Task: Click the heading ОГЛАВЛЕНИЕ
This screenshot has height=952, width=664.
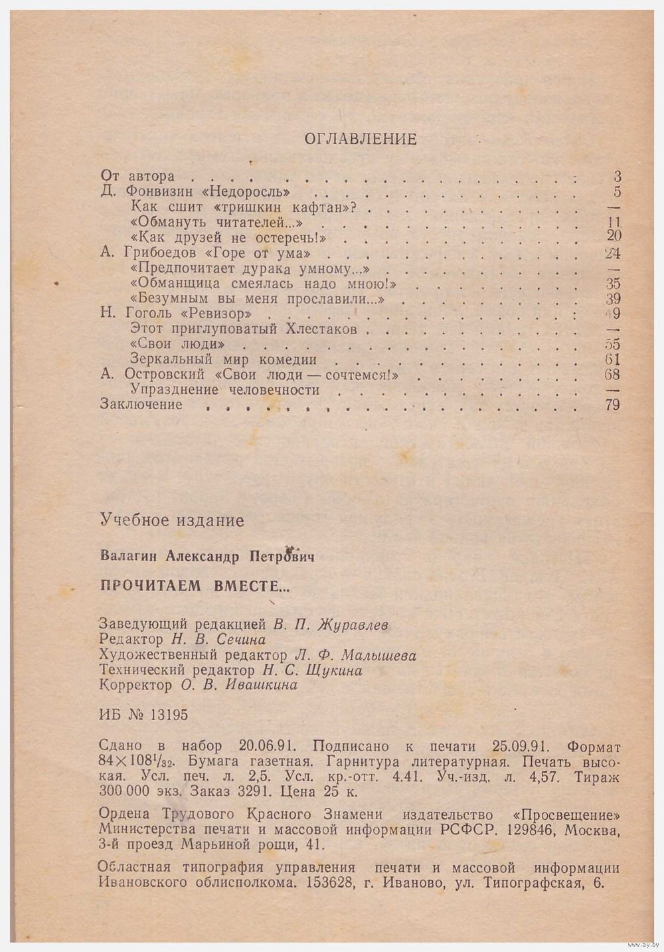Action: [360, 139]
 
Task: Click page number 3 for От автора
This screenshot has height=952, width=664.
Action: [617, 177]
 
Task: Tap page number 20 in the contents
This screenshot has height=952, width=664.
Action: [613, 237]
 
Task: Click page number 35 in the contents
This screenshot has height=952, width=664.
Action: [613, 284]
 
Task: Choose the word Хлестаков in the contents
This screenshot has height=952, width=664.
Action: [321, 330]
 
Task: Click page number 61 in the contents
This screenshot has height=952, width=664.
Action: [613, 359]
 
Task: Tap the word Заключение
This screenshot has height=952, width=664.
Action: [141, 404]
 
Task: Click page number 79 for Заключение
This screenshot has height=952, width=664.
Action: [612, 404]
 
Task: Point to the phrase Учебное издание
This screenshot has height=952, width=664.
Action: [171, 520]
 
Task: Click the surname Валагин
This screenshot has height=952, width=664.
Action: [125, 555]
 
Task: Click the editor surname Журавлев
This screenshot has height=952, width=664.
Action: [354, 624]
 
